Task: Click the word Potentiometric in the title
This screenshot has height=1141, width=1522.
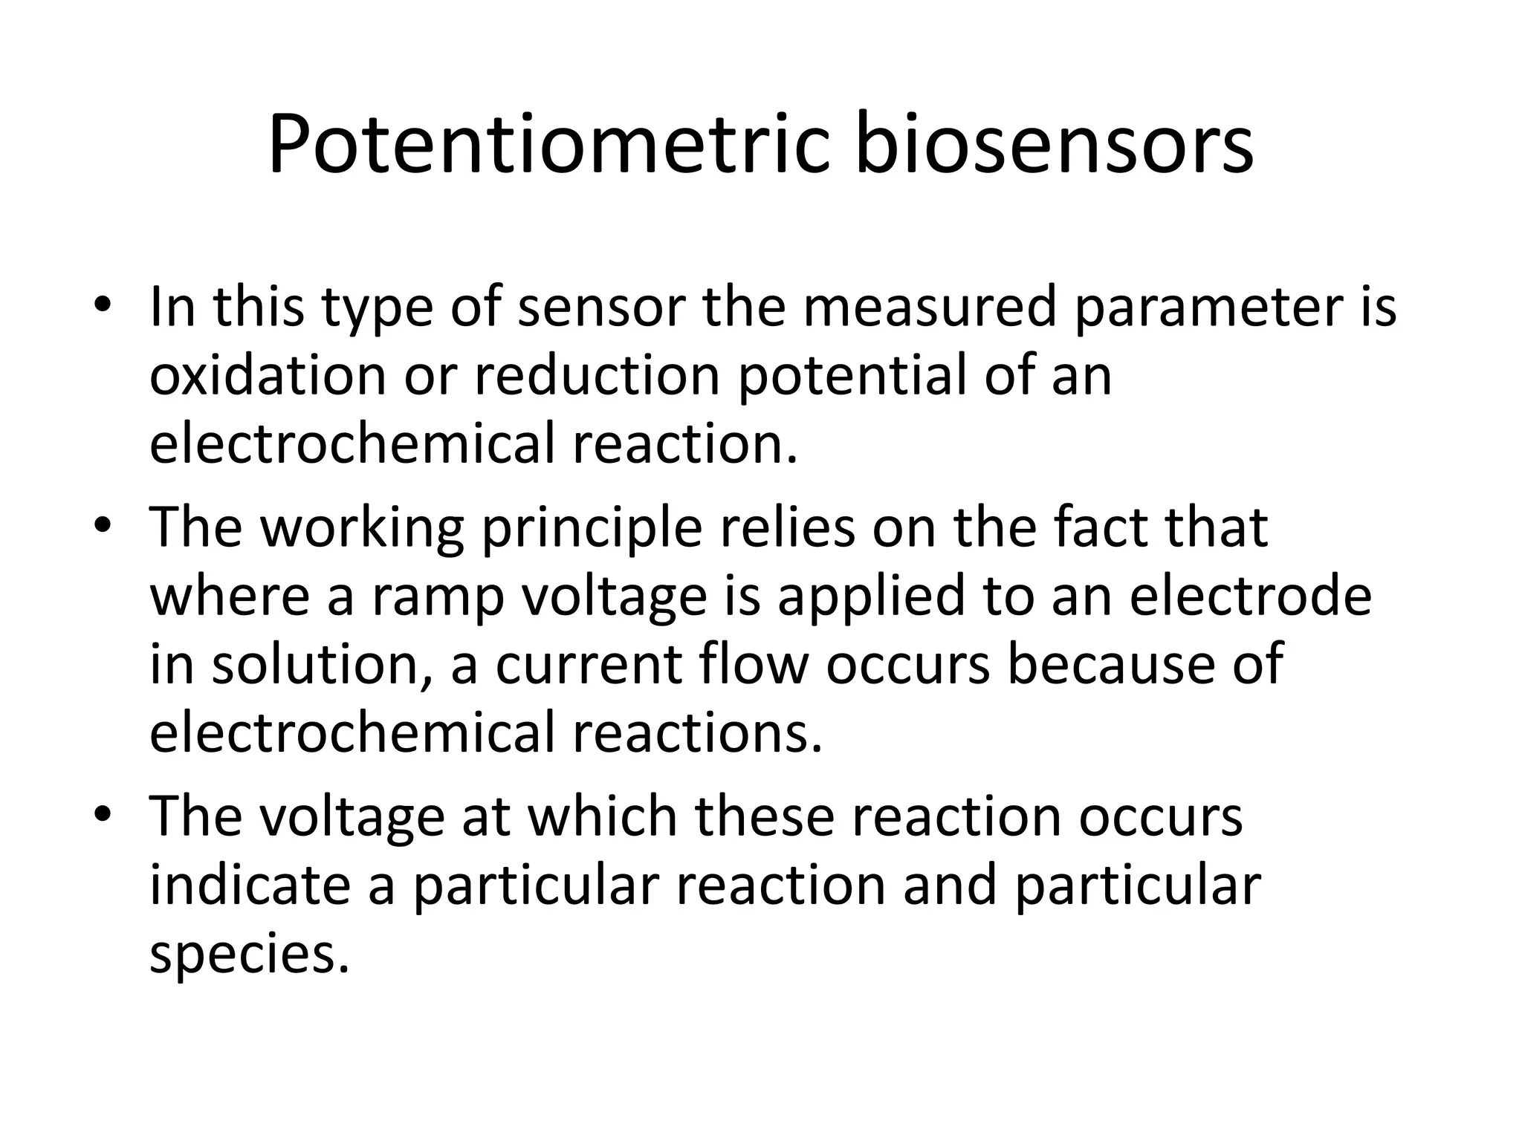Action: coord(548,146)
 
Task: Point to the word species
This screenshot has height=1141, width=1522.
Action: coord(249,957)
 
